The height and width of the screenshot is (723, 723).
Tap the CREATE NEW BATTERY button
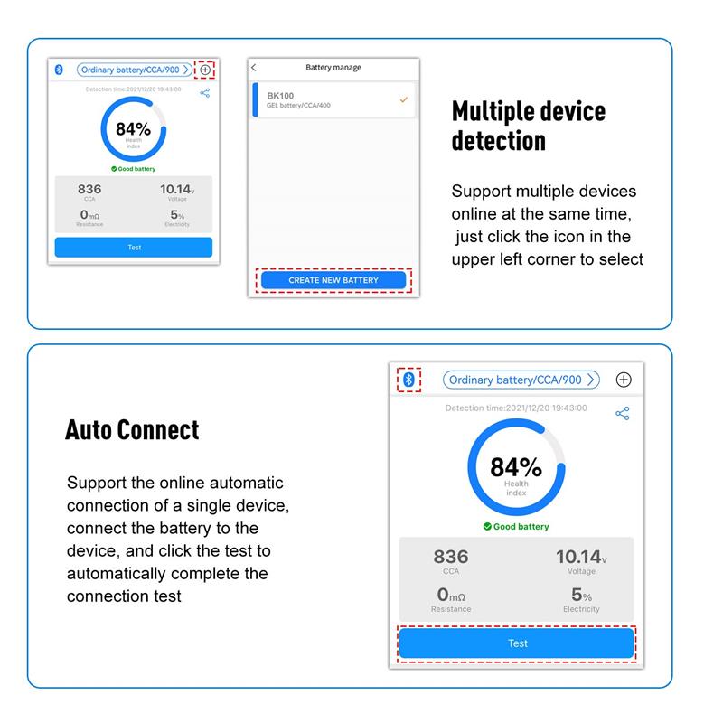pos(333,280)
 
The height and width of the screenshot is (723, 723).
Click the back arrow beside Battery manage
pos(254,67)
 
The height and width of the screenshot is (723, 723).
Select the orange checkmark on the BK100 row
pos(403,99)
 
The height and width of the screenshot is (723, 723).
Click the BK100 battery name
pos(280,96)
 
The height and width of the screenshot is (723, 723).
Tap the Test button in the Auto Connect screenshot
pos(516,643)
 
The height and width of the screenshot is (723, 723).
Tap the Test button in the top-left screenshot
pos(134,247)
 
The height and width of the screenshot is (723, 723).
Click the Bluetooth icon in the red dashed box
pos(408,380)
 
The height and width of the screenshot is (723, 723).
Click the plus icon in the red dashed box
pos(205,70)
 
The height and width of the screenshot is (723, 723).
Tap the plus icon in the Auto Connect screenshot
pos(624,380)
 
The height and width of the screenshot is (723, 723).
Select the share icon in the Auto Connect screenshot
pos(623,413)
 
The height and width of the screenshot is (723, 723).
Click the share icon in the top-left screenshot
pos(205,93)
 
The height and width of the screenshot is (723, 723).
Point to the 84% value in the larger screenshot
pos(516,466)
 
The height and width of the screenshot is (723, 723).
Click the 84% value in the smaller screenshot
pos(133,129)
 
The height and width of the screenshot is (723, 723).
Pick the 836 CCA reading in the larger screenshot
pos(451,557)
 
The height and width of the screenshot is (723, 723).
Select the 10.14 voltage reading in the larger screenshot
pos(581,557)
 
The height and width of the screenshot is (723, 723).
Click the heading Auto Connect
pos(132,430)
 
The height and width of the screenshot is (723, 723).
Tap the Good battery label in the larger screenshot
pos(516,527)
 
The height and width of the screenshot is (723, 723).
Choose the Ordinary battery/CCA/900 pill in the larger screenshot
pos(521,380)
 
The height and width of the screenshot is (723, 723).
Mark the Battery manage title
pos(333,67)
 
